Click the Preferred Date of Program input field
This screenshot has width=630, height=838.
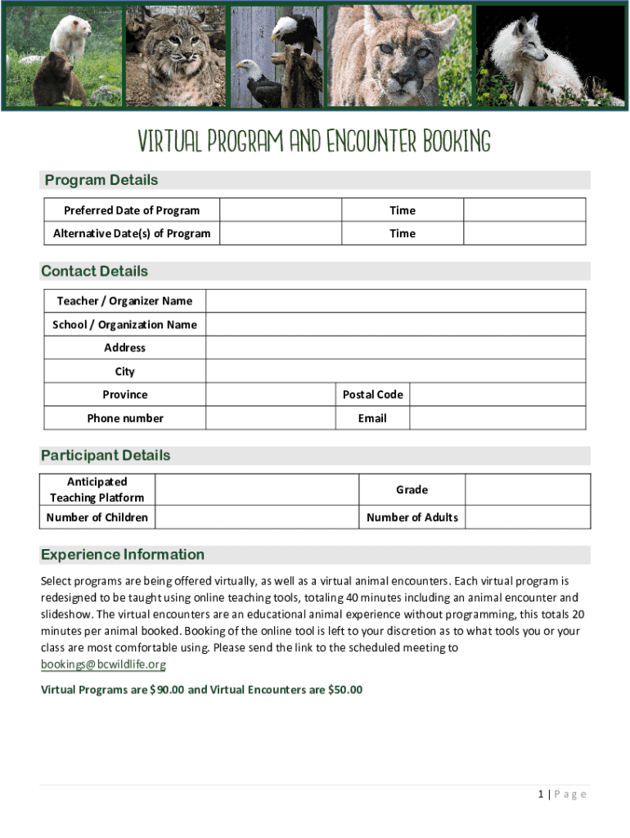(x=281, y=210)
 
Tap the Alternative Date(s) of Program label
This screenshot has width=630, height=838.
(x=132, y=233)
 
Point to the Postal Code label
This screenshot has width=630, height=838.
(x=372, y=394)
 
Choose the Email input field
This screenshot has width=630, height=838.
(x=497, y=418)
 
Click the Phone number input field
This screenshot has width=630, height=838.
(x=270, y=418)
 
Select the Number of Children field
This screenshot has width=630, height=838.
(x=256, y=517)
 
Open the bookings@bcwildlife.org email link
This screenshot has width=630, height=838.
(x=104, y=665)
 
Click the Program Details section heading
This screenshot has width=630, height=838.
(x=101, y=180)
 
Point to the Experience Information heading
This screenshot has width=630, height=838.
(x=123, y=555)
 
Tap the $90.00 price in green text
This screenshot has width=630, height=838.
(x=167, y=690)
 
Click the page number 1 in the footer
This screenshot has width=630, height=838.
(x=542, y=794)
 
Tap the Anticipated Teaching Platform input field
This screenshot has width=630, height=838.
(x=256, y=489)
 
